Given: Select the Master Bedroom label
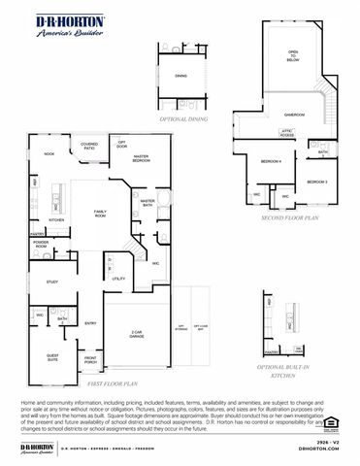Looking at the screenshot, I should click(141, 157).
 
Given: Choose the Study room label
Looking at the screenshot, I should click(52, 283).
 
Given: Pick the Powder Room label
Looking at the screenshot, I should click(41, 246).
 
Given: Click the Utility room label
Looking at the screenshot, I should click(119, 279).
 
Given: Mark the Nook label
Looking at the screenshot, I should click(49, 153).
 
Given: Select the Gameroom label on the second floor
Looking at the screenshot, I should click(294, 115).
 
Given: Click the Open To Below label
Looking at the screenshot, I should click(293, 55).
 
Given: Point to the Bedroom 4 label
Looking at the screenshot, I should click(271, 161).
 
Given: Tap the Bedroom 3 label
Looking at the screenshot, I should click(317, 182).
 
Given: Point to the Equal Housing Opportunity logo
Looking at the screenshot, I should click(337, 420).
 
